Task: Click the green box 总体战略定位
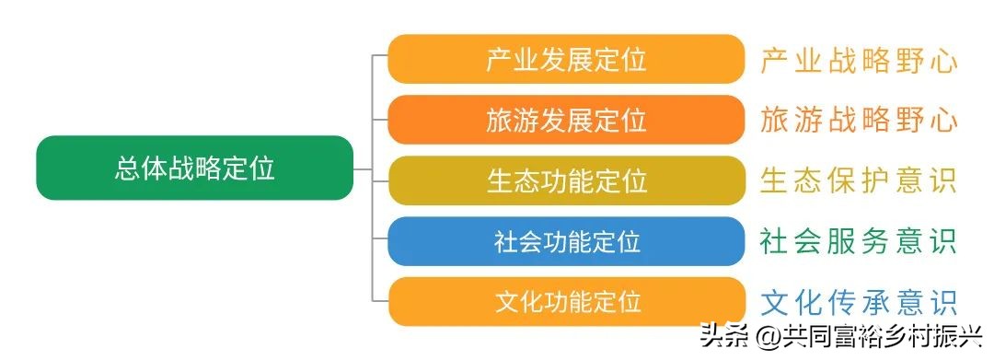click(x=194, y=168)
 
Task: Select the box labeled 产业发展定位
click(x=565, y=60)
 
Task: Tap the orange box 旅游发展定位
click(x=565, y=120)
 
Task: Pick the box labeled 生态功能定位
click(x=565, y=180)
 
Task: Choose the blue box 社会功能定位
click(x=565, y=241)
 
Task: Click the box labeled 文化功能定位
click(x=565, y=301)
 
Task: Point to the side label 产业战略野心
click(x=859, y=61)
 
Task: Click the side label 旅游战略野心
click(x=859, y=121)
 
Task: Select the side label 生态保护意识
click(x=859, y=180)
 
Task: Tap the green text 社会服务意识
click(x=859, y=241)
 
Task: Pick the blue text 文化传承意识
click(x=859, y=302)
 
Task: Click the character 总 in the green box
click(x=127, y=168)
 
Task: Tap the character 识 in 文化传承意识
click(x=943, y=302)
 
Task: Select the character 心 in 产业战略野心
click(x=943, y=61)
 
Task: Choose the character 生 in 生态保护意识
click(x=774, y=180)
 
